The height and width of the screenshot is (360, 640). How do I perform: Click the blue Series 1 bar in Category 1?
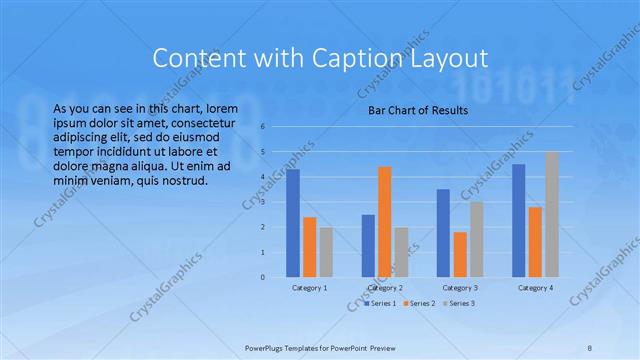click(293, 223)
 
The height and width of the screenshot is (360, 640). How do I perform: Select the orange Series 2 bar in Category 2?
click(385, 222)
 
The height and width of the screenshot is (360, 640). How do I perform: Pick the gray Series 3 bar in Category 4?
click(552, 214)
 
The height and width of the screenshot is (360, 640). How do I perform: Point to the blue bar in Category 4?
click(518, 220)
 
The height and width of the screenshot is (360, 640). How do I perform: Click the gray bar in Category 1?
click(327, 252)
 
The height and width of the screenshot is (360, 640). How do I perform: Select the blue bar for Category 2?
click(368, 245)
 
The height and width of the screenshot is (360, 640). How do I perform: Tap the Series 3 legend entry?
click(459, 302)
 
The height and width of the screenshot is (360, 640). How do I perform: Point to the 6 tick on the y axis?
click(262, 127)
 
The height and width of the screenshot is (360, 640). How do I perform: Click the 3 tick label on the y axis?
click(262, 202)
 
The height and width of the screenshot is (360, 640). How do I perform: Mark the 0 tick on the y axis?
click(262, 277)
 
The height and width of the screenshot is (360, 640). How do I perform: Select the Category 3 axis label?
click(460, 288)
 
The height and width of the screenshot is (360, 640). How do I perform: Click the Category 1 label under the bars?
click(310, 288)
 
